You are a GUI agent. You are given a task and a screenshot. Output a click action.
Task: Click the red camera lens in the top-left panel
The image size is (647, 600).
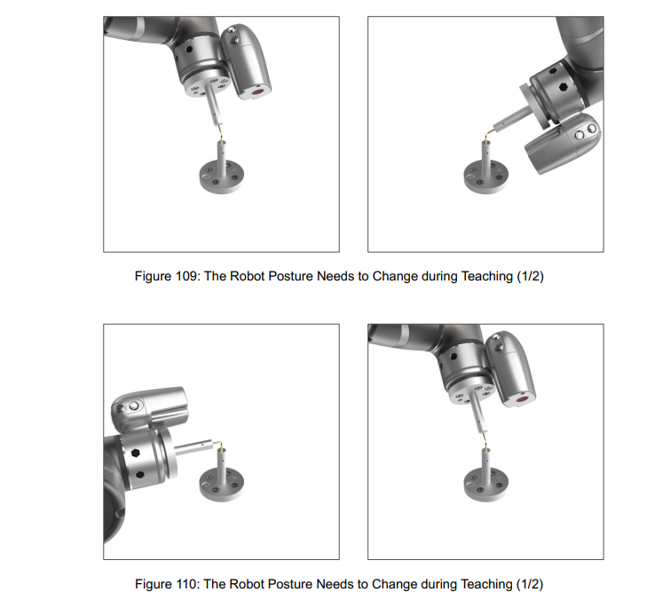[259, 91]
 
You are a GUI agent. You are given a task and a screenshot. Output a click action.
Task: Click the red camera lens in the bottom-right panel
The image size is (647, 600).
[523, 399]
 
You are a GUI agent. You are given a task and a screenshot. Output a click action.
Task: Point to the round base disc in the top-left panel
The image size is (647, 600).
[222, 177]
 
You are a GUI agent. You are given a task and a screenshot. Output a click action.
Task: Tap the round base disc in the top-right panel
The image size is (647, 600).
[486, 177]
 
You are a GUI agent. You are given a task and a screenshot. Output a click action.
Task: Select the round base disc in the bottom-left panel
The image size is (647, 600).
[222, 485]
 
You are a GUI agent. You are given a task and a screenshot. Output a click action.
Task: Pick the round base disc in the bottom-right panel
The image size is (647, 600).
[486, 485]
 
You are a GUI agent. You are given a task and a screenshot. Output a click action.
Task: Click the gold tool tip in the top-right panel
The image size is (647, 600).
[488, 134]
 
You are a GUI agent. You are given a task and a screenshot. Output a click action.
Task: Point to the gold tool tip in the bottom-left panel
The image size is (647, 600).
[221, 445]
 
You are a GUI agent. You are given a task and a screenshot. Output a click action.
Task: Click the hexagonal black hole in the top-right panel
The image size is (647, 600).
[564, 87]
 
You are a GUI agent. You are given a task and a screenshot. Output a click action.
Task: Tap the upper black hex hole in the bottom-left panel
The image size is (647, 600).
[136, 453]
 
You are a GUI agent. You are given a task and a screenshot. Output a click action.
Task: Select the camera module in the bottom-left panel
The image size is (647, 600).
[149, 408]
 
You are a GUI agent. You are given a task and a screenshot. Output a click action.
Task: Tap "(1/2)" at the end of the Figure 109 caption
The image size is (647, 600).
[530, 276]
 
